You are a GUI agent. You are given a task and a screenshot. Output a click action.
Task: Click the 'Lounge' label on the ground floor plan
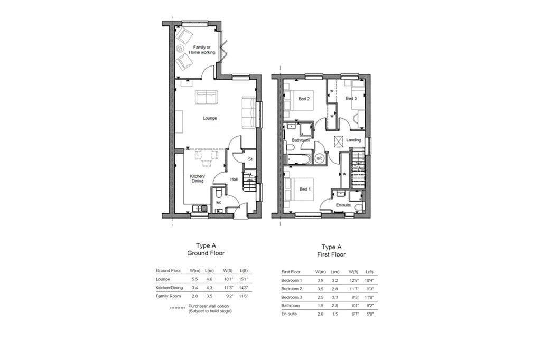point(210,118)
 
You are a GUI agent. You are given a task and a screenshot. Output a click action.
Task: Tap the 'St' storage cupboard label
point(250,159)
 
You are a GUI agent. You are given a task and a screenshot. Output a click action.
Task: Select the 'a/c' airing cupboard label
point(319,158)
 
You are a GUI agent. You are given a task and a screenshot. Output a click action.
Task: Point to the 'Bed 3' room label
point(351,99)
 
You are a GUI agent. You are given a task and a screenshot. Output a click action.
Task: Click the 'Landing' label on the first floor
point(354,140)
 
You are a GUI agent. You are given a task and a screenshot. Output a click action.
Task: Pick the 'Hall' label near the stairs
point(234,179)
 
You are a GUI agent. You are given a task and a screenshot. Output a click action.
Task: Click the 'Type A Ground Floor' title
point(206,249)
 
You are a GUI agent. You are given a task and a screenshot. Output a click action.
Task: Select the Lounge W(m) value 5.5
point(194,279)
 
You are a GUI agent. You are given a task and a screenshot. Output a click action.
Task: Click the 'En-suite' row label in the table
point(291,314)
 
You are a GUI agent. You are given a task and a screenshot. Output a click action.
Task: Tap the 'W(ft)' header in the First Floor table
point(353,272)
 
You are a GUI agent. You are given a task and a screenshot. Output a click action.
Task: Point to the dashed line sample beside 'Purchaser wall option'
point(178,307)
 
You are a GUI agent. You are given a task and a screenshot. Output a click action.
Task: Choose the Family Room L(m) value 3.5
point(209,296)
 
